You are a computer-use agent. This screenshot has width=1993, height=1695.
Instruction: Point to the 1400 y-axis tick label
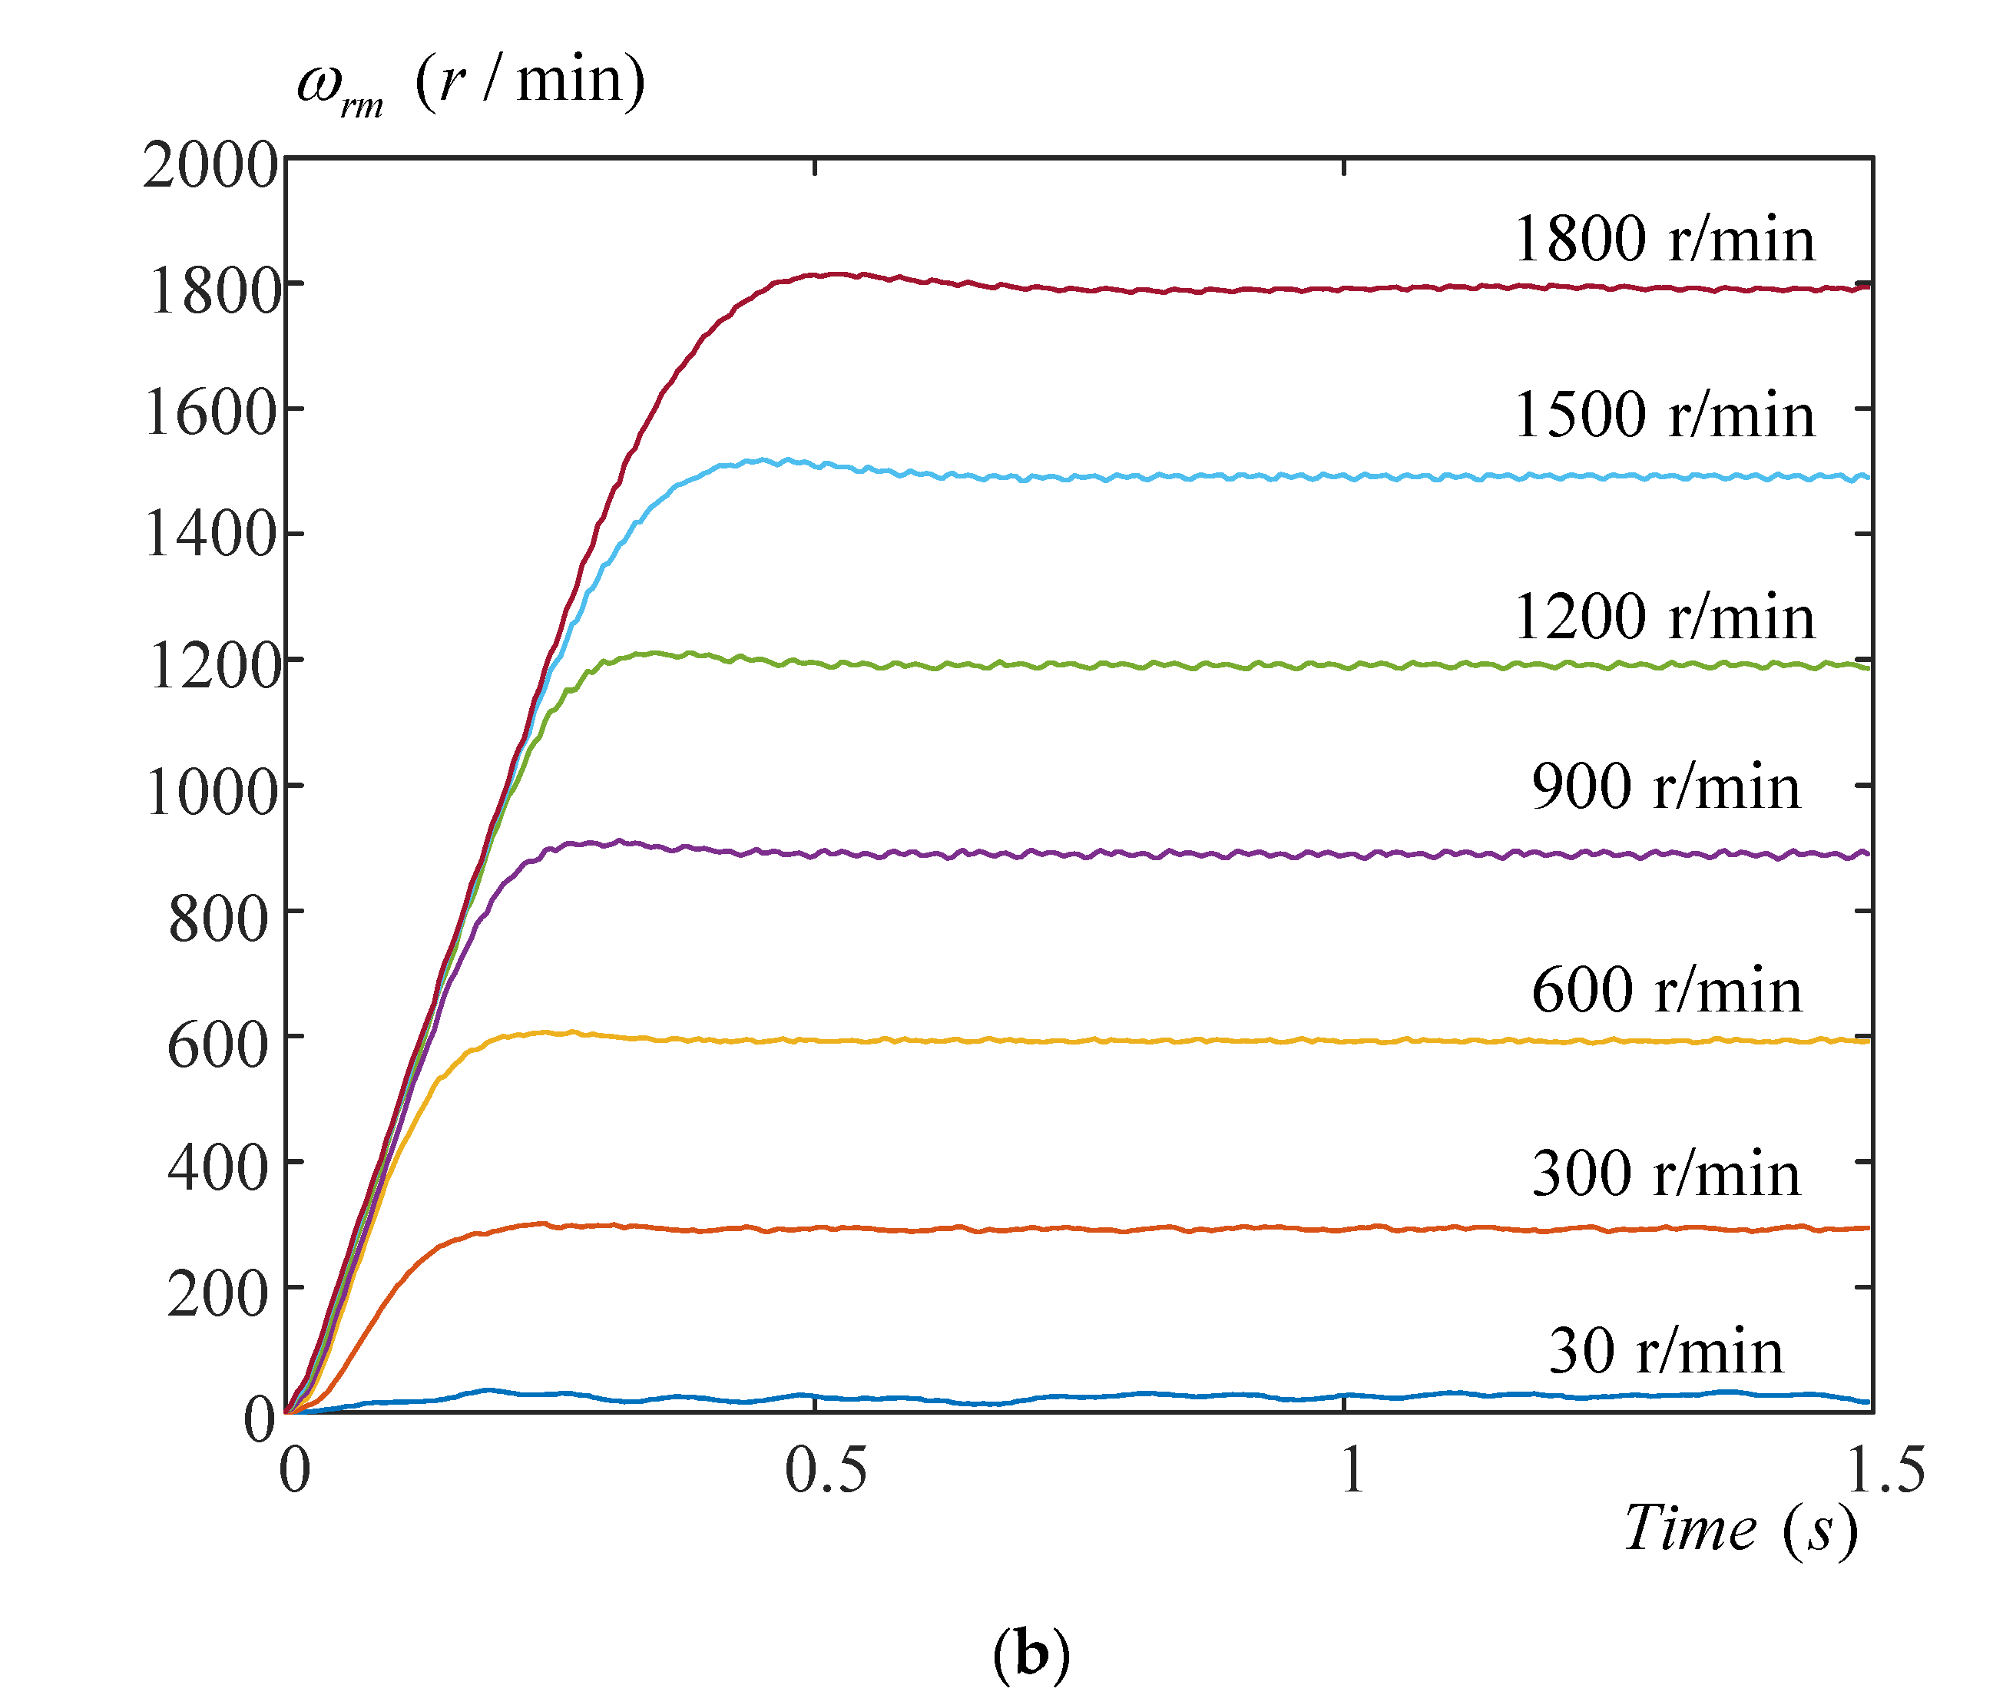pos(210,535)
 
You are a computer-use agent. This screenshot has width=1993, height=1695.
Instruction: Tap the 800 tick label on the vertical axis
pos(218,919)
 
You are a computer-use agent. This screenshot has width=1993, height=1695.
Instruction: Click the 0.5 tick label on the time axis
pos(825,1470)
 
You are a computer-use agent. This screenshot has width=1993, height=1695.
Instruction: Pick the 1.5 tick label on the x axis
pos(1885,1470)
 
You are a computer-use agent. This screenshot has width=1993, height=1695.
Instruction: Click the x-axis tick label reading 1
pos(1351,1470)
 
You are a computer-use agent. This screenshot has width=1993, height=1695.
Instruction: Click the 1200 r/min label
pos(1664,616)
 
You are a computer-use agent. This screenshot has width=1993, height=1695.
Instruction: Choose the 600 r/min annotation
pos(1665,990)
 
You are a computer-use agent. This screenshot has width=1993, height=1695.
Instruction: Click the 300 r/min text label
pos(1665,1174)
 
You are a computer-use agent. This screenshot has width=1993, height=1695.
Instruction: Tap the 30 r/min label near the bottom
pos(1665,1351)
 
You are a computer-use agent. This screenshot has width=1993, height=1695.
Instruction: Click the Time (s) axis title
pos(1740,1529)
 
